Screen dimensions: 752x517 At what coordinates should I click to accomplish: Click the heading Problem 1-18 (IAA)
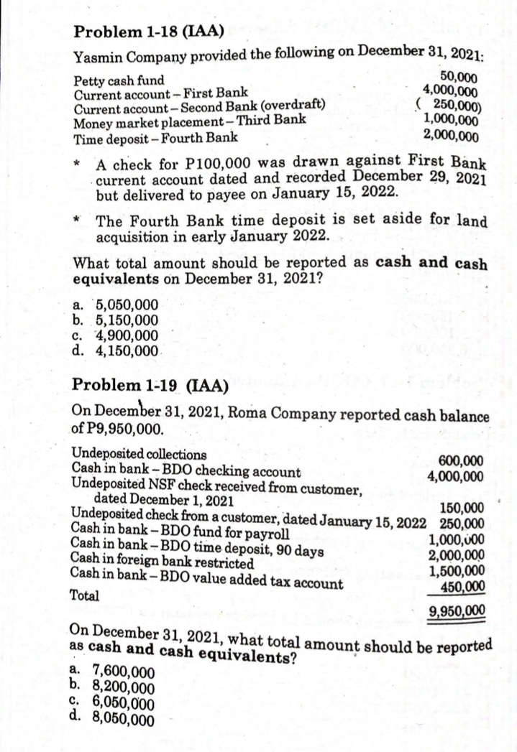click(x=149, y=30)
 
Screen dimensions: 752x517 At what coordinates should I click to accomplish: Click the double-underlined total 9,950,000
click(x=455, y=612)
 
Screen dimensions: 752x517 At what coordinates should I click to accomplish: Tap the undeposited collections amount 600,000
click(x=460, y=462)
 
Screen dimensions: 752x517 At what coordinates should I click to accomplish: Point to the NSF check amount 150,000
click(x=462, y=510)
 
